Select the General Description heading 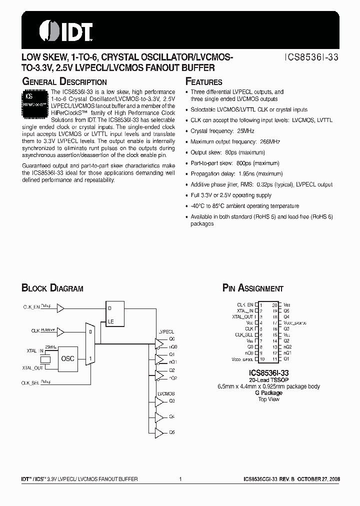click(64, 82)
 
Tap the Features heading click(204, 82)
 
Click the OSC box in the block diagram click(67, 358)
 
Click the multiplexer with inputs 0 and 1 click(90, 344)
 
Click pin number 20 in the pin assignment click(274, 304)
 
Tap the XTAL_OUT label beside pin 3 click(242, 316)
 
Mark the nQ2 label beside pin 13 click(287, 346)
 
